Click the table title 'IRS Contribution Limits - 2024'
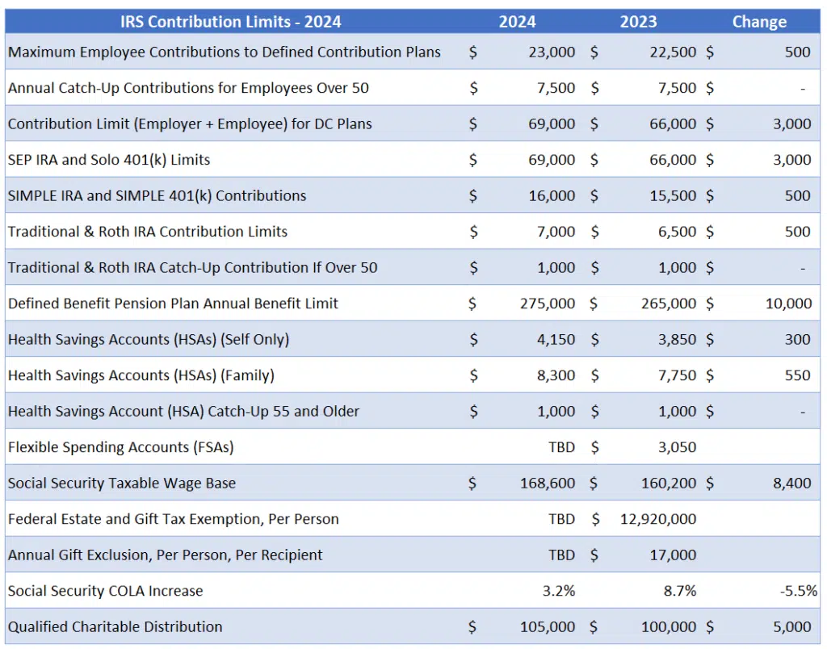[230, 22]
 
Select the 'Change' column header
[758, 22]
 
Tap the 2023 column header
[638, 22]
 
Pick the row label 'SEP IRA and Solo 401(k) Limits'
[109, 160]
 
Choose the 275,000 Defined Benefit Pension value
[548, 304]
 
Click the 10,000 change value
[788, 304]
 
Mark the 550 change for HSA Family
[797, 375]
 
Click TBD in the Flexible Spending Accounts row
[561, 447]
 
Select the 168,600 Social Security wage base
[548, 484]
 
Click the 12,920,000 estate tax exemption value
[658, 519]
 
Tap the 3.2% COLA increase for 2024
[559, 591]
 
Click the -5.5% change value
[798, 591]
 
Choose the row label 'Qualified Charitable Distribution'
[115, 627]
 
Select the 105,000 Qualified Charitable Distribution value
[548, 627]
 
